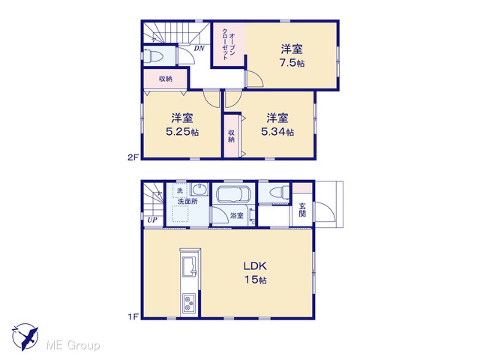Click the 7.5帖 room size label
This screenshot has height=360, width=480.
tap(292, 63)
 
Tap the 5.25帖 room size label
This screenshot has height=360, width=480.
tap(182, 132)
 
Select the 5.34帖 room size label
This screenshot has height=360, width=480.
tap(277, 132)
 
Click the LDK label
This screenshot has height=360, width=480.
tap(255, 265)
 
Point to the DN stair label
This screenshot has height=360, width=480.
tap(199, 48)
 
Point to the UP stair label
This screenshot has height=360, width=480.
tap(152, 220)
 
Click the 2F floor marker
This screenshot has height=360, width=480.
tap(133, 157)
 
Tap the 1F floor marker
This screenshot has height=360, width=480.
tap(133, 316)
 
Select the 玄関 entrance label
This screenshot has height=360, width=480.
tap(302, 210)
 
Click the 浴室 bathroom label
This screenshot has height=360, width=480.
tap(237, 215)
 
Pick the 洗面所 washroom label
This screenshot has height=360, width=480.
tap(187, 202)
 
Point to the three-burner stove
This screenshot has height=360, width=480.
tap(189, 303)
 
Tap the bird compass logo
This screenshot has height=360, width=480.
tap(25, 337)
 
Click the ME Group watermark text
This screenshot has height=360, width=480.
tap(73, 346)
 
